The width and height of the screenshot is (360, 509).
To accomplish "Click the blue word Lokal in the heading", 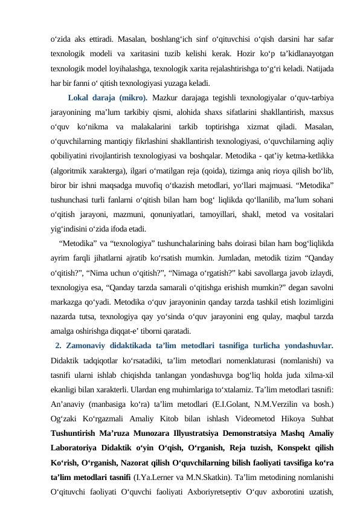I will point(80,97).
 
